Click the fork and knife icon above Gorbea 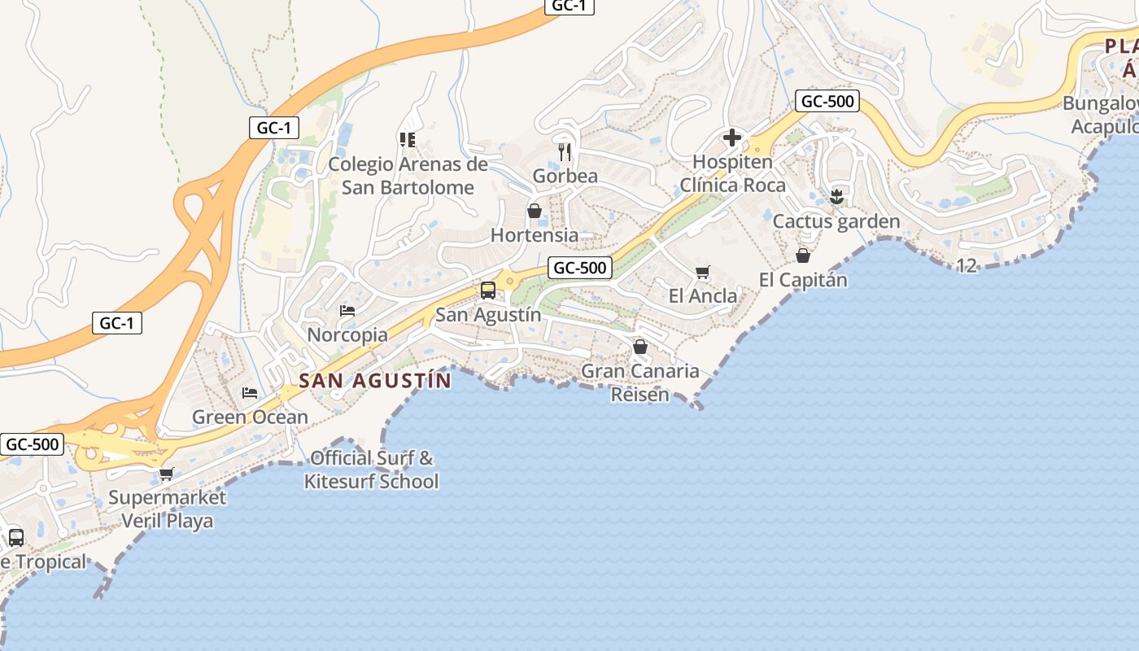coord(565,151)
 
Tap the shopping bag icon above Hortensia coord(535,211)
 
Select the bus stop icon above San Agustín coord(488,291)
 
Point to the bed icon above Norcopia coord(347,310)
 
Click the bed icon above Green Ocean coord(250,393)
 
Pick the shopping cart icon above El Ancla coord(703,272)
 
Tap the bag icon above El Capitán coord(803,256)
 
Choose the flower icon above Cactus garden coord(836,196)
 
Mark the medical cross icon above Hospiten coord(732,138)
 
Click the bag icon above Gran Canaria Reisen coord(640,347)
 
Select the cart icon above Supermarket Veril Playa coord(167,473)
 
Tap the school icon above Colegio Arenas coord(408,139)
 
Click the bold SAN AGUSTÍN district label coord(375,380)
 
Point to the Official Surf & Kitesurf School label coord(372,470)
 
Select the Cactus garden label coord(836,221)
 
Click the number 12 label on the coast coord(967,265)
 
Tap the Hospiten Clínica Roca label coord(733,173)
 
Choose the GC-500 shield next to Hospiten coord(827,102)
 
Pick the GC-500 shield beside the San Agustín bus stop coord(580,268)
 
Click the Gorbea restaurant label coord(565,176)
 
